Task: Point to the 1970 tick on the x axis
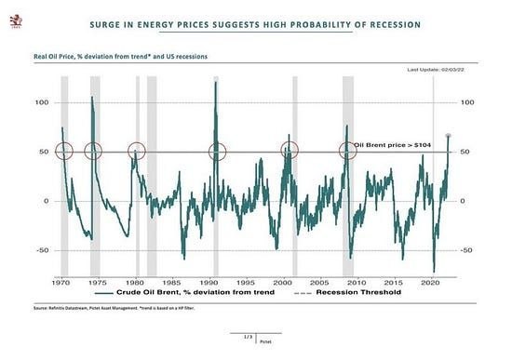(x=61, y=280)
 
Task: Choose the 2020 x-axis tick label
(x=430, y=280)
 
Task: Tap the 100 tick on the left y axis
(x=41, y=102)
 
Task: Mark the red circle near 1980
(x=137, y=151)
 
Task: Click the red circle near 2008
(x=347, y=151)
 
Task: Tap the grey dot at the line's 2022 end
(x=449, y=137)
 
